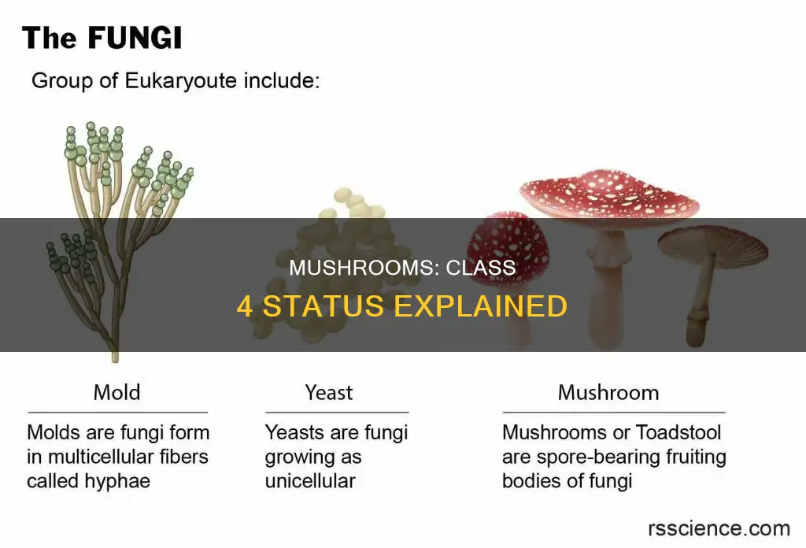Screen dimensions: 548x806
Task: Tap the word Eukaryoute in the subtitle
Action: (180, 82)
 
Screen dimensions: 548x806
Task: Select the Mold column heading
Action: (117, 391)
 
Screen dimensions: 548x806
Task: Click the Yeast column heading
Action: (329, 391)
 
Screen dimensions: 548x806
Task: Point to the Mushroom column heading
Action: (608, 391)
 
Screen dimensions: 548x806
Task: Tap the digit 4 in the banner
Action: (245, 305)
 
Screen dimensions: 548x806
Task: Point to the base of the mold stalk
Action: (115, 356)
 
